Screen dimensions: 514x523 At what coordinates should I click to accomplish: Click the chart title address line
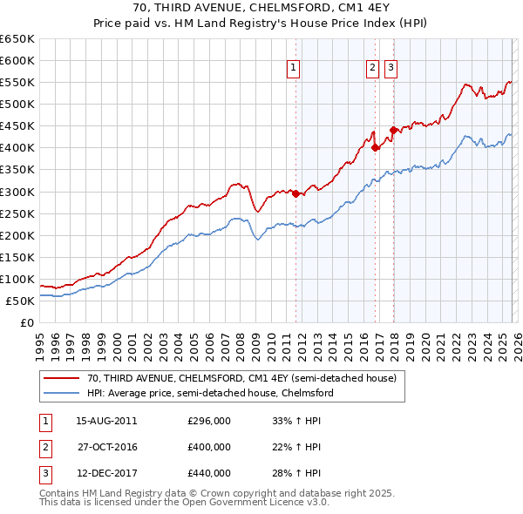[261, 8]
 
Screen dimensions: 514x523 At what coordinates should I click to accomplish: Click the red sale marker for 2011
[295, 193]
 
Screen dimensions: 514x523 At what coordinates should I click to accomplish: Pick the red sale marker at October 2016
[376, 148]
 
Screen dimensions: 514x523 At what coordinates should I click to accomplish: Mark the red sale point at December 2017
[393, 131]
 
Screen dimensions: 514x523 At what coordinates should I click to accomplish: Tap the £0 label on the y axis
[25, 322]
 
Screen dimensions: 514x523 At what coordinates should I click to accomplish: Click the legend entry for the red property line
[241, 379]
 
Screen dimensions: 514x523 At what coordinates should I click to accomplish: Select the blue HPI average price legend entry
[210, 394]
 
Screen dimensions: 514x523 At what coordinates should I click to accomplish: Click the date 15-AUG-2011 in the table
[106, 421]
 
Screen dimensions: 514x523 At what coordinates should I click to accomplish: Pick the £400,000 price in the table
[209, 447]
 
